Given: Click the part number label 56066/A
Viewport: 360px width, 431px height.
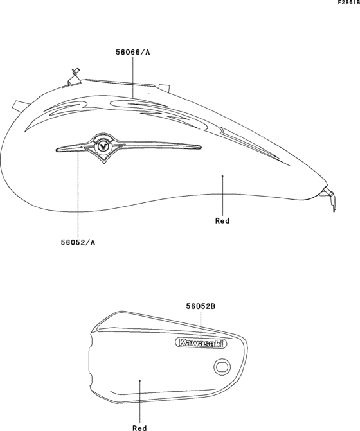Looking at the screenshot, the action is point(133,52).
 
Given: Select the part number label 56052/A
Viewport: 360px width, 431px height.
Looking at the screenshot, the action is point(78,242).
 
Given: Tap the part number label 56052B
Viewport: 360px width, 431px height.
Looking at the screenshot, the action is point(201,306).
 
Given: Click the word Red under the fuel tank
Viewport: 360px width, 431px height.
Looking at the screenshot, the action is point(222,221).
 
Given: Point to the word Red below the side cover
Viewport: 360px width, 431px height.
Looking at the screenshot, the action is point(139,428).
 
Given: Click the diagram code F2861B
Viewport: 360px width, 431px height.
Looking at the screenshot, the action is point(348,3).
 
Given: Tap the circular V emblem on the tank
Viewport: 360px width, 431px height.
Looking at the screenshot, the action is point(104,146).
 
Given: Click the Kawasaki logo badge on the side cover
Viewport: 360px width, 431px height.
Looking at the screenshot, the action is point(201,343).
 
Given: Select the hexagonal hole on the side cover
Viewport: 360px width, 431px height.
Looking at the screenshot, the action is point(222,367).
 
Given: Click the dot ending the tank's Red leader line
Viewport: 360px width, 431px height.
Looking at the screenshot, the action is point(222,175).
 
